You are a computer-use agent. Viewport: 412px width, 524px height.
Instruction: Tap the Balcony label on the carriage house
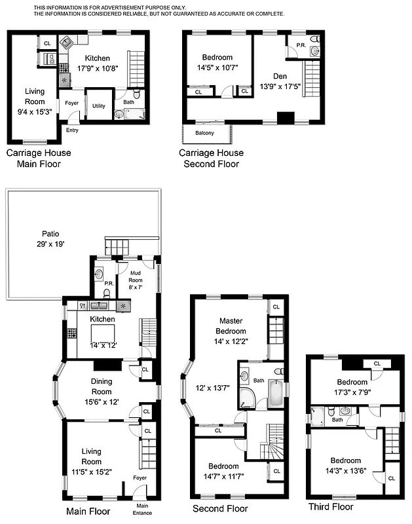[x=204, y=133]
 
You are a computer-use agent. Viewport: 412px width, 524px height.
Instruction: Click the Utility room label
[x=99, y=105]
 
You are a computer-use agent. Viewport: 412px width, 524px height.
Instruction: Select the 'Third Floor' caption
[x=331, y=506]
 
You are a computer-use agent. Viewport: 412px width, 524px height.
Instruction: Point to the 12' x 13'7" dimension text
[x=213, y=387]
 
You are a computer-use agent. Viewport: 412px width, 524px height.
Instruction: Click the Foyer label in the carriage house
[x=71, y=103]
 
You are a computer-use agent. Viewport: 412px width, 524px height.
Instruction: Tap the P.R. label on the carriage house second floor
[x=301, y=45]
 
